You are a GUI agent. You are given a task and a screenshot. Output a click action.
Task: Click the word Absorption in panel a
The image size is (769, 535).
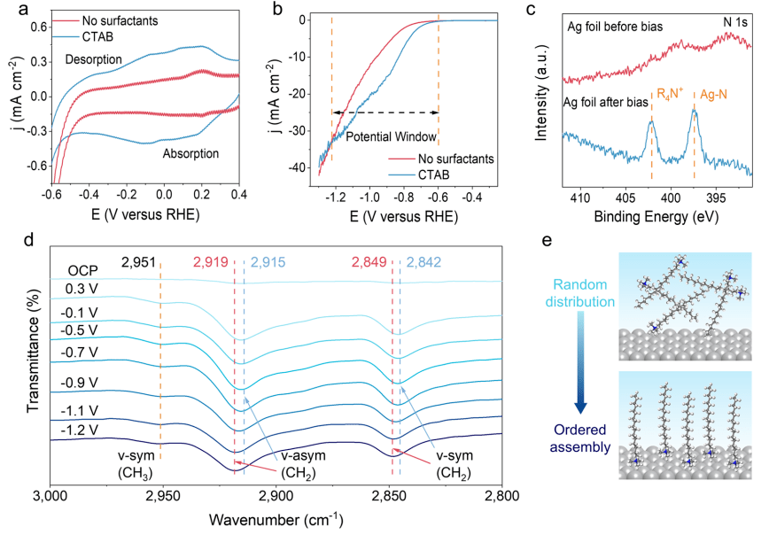pyautogui.click(x=190, y=153)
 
